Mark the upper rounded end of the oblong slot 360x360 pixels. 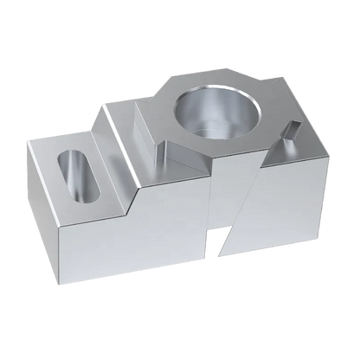(65, 157)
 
